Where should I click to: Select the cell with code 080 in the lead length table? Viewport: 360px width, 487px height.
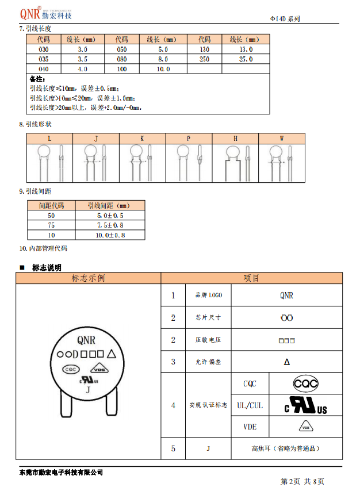(121, 59)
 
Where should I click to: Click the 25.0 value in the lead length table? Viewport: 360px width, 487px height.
(246, 59)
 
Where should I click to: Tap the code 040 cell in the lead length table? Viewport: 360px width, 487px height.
(43, 68)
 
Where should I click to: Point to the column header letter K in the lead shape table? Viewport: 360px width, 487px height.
(142, 139)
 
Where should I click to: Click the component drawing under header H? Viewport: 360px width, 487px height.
(235, 163)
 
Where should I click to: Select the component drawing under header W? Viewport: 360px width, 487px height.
(281, 163)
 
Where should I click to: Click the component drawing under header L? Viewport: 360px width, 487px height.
(49, 163)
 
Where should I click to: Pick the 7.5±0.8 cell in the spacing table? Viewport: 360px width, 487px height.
(110, 225)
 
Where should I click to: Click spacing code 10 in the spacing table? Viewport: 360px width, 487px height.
(51, 235)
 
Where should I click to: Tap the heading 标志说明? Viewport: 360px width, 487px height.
(47, 267)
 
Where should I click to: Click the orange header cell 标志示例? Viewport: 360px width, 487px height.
(88, 278)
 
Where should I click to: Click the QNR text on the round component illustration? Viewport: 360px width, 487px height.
(87, 340)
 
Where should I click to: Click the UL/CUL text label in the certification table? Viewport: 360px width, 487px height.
(250, 405)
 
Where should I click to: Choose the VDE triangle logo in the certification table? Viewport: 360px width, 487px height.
(306, 427)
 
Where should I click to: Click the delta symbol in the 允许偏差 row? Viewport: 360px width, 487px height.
(286, 362)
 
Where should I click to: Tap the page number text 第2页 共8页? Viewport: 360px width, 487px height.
(302, 481)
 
